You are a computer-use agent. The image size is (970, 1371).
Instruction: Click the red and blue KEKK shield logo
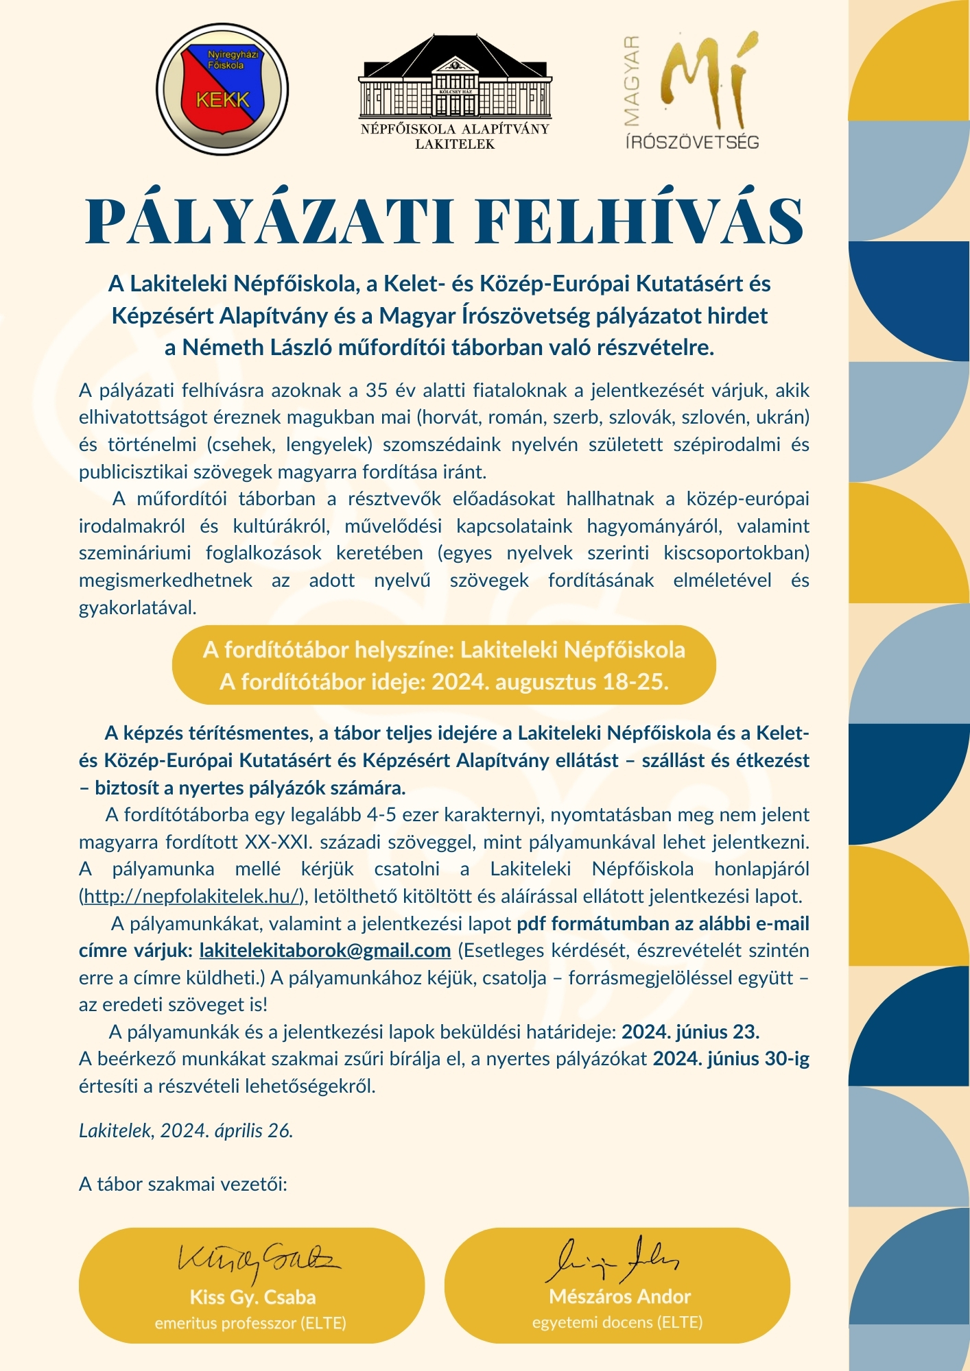[222, 90]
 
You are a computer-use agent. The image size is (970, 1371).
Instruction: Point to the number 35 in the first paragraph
[377, 391]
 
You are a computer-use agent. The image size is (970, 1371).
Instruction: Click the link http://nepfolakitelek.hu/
[193, 896]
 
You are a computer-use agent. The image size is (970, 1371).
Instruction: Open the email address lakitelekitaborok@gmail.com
[325, 951]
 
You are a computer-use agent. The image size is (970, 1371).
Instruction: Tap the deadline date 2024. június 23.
[691, 1032]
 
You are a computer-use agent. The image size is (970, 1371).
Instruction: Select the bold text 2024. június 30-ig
[731, 1059]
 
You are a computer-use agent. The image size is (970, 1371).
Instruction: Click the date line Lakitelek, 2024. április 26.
[186, 1130]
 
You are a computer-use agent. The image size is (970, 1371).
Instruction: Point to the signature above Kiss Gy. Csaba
[258, 1259]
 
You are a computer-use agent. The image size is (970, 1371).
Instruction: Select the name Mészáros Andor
[619, 1296]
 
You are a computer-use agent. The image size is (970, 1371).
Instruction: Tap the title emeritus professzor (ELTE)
[250, 1323]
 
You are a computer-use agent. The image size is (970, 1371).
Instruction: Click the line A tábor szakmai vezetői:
[183, 1184]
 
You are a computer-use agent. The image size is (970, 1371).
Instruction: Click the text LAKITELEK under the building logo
[455, 144]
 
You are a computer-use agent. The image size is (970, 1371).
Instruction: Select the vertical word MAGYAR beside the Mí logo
[632, 81]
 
